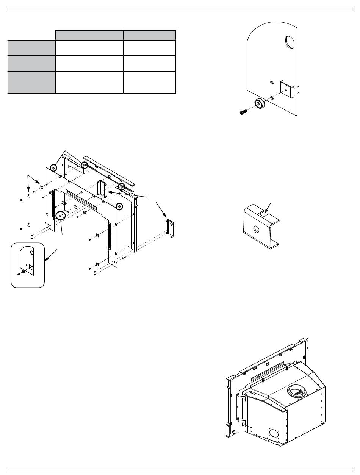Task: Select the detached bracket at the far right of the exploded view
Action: click(170, 228)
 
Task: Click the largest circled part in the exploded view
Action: click(61, 216)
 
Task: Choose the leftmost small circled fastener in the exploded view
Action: click(53, 167)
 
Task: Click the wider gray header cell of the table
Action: click(89, 35)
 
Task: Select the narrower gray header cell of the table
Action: click(150, 35)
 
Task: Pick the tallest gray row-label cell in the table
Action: click(31, 82)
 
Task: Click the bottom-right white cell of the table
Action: click(150, 82)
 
